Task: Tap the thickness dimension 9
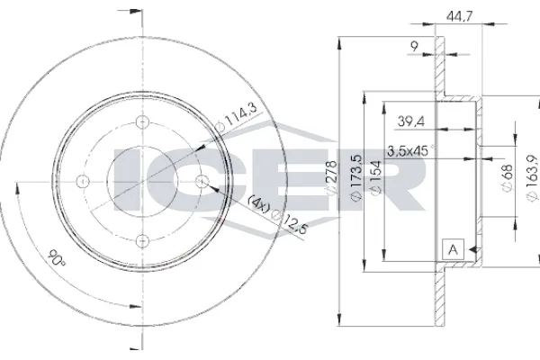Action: (415, 46)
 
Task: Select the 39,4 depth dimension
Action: (411, 121)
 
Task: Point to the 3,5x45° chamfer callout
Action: (411, 151)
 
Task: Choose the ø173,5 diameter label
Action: (356, 177)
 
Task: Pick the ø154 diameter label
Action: (376, 178)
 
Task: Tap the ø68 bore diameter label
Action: (507, 178)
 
